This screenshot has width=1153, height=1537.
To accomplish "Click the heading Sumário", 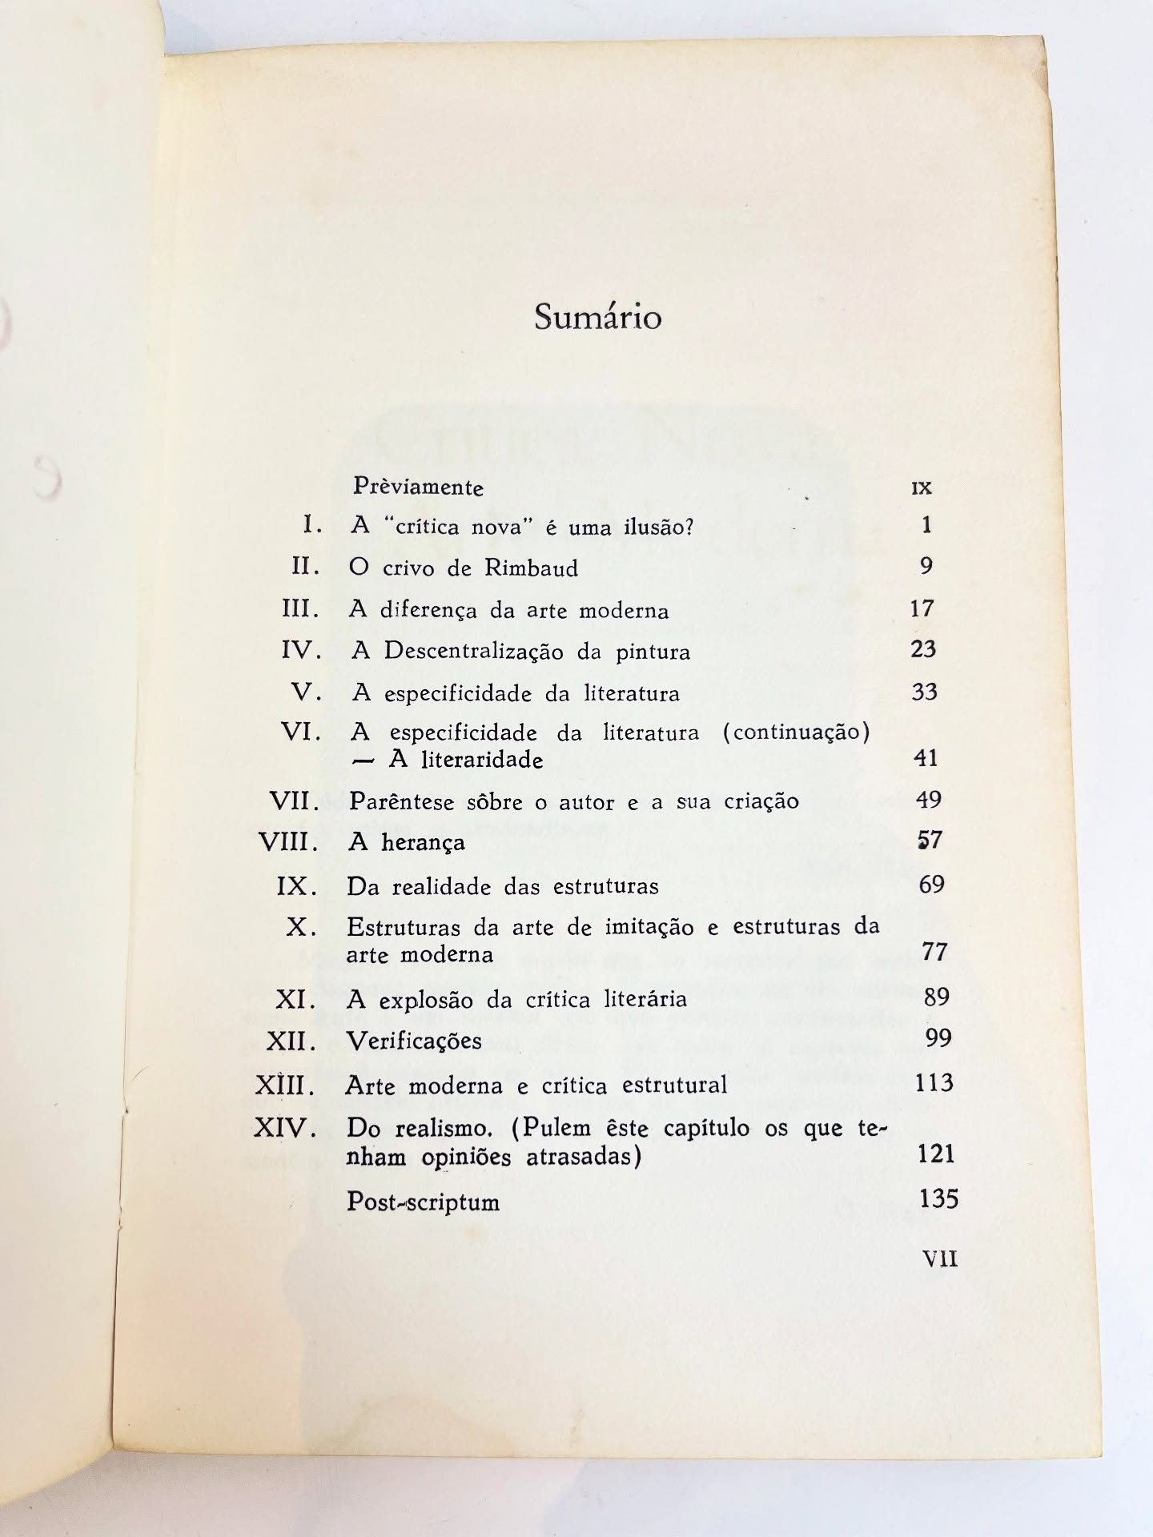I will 597,318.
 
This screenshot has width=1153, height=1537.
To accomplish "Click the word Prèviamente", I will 419,487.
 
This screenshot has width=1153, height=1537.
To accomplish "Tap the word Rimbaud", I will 531,568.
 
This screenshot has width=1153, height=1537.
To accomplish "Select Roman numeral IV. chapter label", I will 301,650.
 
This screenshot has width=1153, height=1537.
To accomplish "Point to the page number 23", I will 923,649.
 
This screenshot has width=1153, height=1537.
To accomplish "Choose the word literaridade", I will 466,760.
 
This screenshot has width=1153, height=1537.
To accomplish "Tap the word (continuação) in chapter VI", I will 796,732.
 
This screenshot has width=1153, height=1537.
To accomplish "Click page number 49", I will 928,799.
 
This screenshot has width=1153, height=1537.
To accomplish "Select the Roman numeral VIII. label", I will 289,842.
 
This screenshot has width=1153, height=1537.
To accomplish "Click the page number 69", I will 931,885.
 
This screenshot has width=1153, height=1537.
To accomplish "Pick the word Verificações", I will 414,1041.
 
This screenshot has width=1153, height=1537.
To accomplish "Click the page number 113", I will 934,1083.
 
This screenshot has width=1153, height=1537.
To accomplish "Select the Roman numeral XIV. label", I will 285,1129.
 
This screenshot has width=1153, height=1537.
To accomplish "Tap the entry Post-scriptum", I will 423,1202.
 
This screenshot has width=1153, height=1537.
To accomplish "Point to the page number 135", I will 938,1198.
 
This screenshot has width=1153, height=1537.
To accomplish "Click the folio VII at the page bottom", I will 940,1259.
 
